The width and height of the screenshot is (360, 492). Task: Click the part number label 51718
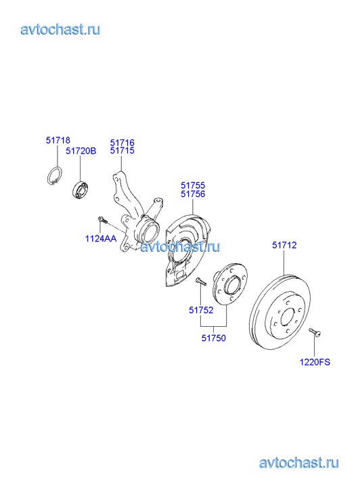[58, 140]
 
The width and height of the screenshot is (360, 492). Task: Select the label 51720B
[81, 151]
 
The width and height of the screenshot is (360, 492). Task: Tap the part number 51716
[122, 143]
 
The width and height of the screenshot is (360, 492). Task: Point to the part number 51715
[122, 151]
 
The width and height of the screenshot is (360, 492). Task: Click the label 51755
[193, 185]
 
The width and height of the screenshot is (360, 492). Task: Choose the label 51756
[193, 194]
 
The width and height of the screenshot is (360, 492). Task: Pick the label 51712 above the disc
[284, 245]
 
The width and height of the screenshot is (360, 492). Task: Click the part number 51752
[201, 310]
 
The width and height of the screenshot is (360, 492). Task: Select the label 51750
[214, 338]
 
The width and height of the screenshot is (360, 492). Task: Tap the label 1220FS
[315, 362]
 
